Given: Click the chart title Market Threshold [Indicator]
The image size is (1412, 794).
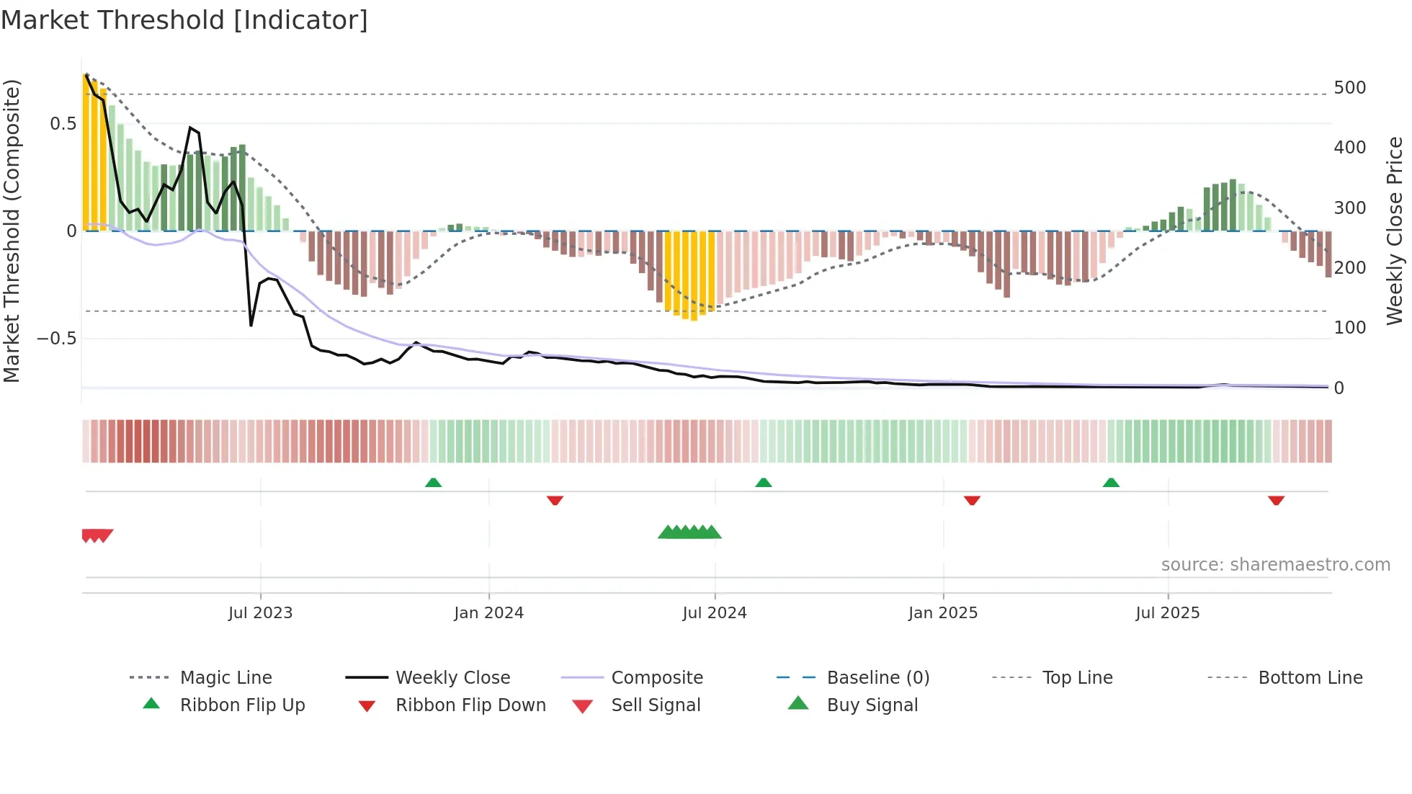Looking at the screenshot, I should click(x=184, y=20).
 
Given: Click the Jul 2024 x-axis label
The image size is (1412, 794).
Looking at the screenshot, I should click(x=714, y=612).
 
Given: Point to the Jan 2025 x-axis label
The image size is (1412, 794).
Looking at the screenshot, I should click(x=942, y=612).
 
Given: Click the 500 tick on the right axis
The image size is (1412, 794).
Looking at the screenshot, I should click(x=1349, y=87).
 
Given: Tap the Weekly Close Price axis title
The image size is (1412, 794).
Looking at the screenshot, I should click(x=1395, y=231).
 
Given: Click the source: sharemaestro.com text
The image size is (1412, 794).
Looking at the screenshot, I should click(x=1275, y=564).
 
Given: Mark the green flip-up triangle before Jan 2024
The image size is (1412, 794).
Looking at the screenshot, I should click(x=433, y=483).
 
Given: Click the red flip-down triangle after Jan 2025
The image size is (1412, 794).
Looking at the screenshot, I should click(x=972, y=500).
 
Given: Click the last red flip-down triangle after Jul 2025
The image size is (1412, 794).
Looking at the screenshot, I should click(x=1276, y=500).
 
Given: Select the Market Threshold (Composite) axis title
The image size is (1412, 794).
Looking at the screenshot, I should click(x=12, y=231).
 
